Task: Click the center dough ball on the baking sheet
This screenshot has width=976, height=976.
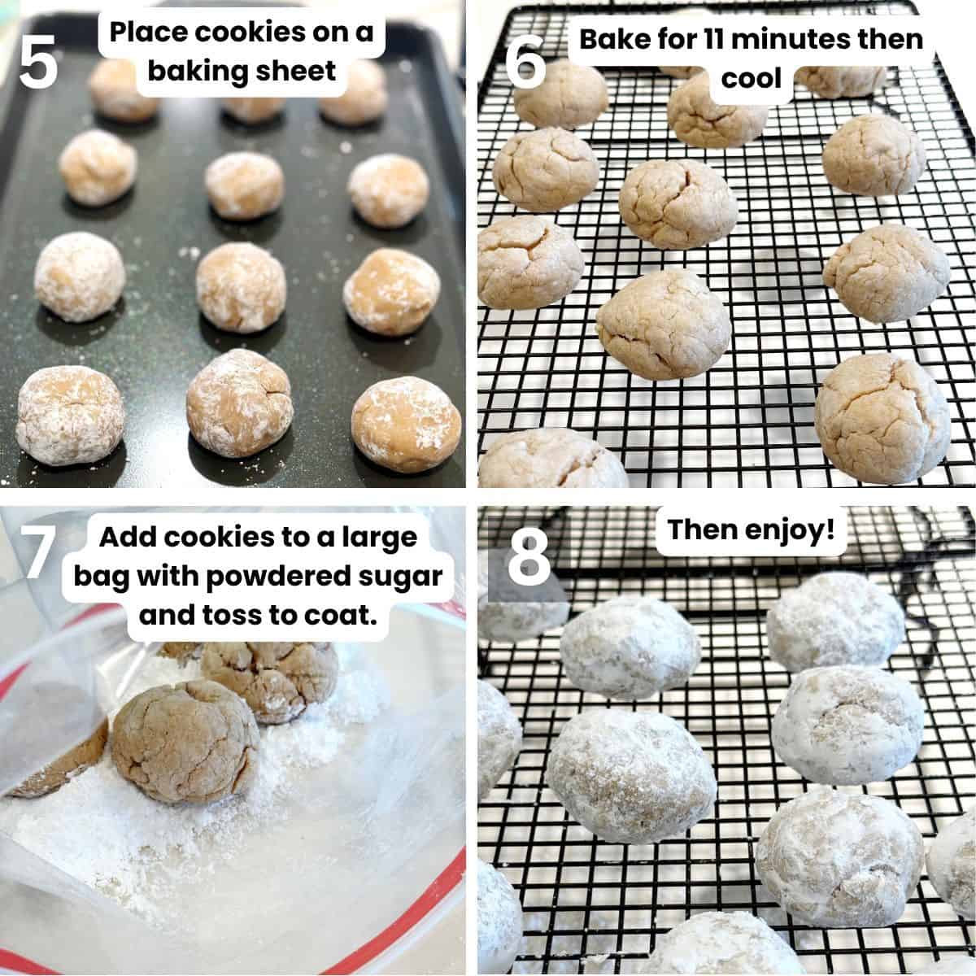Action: tap(241, 287)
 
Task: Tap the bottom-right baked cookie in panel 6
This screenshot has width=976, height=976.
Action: tap(882, 418)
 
